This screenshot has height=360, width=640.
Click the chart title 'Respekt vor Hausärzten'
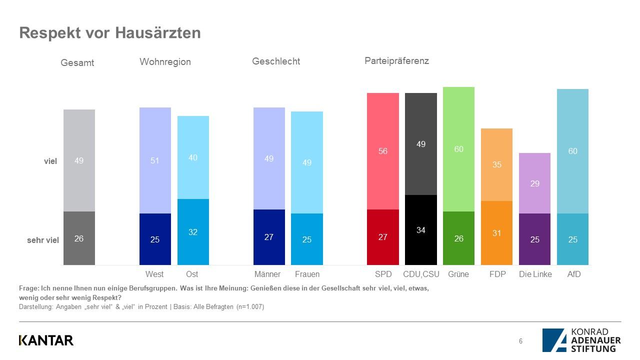[x=110, y=33]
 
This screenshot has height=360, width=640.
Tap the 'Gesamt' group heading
[x=77, y=63]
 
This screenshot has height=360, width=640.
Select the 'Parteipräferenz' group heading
[x=396, y=61]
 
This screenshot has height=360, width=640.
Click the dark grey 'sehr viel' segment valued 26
[x=79, y=238]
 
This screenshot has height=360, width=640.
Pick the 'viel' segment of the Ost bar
[x=193, y=157]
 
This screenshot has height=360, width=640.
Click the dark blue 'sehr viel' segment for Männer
[x=269, y=237]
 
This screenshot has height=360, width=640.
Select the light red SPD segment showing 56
[x=383, y=151]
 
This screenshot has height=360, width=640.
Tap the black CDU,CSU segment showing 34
[x=420, y=230]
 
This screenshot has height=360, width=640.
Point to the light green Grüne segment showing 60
[x=458, y=149]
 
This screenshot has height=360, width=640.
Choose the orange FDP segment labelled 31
[x=496, y=233]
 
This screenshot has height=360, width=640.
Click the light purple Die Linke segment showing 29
[x=534, y=183]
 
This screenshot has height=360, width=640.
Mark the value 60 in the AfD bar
[x=572, y=151]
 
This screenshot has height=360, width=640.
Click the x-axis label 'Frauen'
[x=307, y=274]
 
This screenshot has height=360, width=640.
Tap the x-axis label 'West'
[x=154, y=274]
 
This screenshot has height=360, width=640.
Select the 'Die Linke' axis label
[x=535, y=274]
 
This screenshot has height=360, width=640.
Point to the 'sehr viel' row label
[x=43, y=240]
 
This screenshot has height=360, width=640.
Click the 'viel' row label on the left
[x=50, y=161]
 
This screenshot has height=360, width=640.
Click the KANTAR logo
[x=46, y=340]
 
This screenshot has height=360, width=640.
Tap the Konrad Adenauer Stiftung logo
[x=581, y=340]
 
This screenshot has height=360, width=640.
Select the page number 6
[x=520, y=341]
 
